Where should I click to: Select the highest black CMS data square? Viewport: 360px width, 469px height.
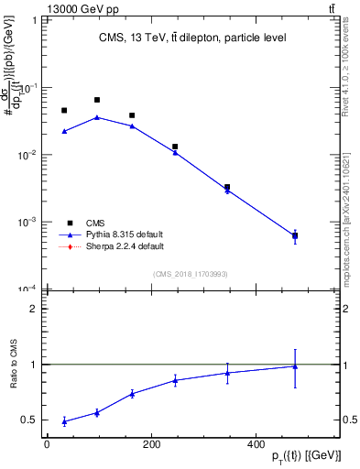(97, 100)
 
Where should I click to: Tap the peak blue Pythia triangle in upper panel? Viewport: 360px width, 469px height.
(97, 117)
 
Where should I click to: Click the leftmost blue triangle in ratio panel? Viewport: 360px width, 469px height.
(64, 421)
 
